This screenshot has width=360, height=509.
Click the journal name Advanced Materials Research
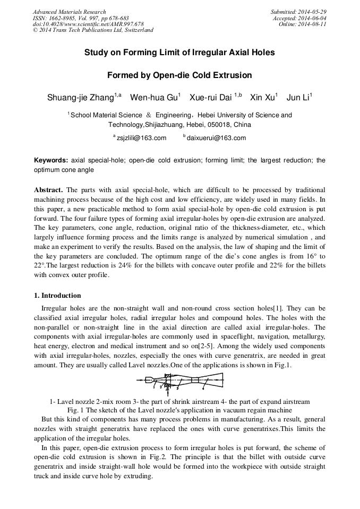(69, 12)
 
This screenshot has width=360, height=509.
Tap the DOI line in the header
(88, 24)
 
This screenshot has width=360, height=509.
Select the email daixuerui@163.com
(216, 138)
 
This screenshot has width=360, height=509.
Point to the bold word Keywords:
(51, 160)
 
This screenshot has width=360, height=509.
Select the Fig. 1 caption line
(179, 410)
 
